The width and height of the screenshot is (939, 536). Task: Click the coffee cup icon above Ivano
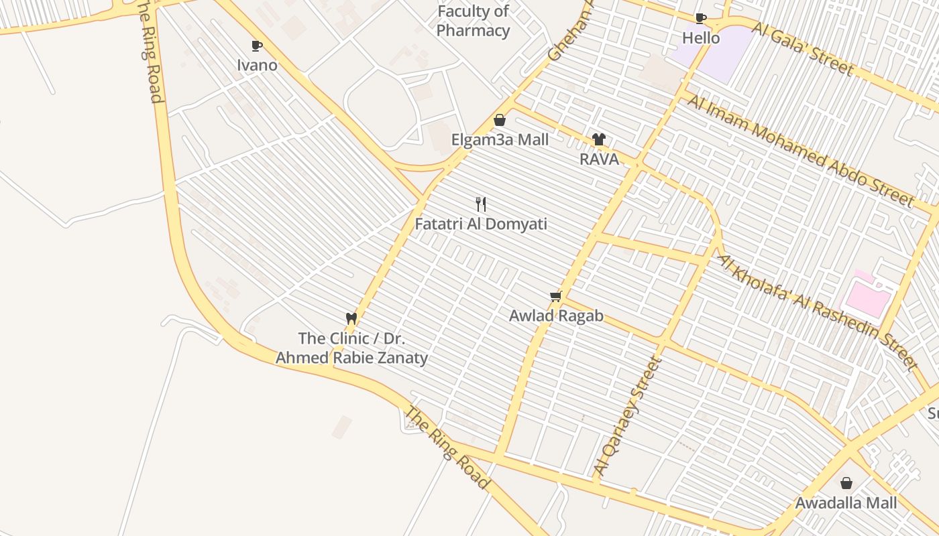[256, 46]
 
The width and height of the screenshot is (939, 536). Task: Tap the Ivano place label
[257, 65]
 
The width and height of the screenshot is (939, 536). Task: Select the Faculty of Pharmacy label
[473, 21]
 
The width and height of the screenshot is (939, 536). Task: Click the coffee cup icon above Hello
[701, 18]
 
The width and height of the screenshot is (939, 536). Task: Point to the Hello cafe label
[701, 38]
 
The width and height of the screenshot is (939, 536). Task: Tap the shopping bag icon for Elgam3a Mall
[500, 120]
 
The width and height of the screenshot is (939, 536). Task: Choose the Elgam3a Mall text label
[500, 140]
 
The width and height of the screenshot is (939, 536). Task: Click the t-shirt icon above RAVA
[599, 139]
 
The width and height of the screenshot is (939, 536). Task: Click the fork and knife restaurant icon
[481, 204]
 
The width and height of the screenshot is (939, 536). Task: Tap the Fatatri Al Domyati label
[481, 224]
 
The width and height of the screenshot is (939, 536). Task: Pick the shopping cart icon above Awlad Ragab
[555, 296]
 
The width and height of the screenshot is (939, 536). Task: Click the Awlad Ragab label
[556, 316]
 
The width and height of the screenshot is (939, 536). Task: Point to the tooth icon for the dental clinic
[351, 318]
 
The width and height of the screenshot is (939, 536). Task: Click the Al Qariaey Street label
[628, 417]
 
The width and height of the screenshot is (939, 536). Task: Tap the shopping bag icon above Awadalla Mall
[846, 482]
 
